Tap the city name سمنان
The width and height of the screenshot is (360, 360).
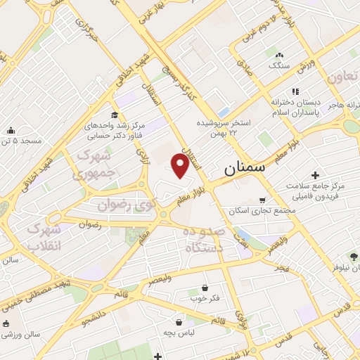point(245,169)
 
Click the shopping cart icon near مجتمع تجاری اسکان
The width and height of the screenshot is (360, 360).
point(262,200)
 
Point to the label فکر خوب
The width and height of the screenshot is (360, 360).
point(205,297)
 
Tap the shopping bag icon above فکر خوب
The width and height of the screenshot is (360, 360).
point(205,288)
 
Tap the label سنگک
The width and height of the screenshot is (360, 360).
point(278,65)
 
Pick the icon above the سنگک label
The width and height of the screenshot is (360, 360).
point(279,55)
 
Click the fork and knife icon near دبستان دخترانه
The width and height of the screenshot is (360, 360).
point(295,91)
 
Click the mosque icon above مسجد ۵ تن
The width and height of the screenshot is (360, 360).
point(11,131)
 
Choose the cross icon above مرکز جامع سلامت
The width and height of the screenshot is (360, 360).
point(314,174)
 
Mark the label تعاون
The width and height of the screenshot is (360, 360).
point(344,76)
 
